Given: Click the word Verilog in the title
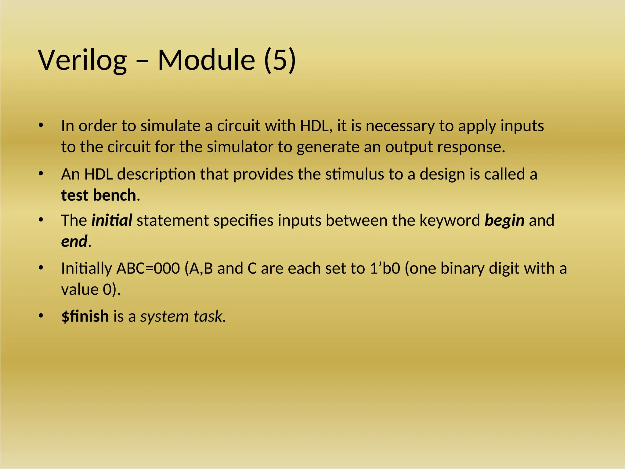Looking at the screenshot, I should pos(82,60).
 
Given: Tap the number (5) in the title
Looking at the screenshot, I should pos(280,60).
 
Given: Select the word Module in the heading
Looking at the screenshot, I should pos(206,60).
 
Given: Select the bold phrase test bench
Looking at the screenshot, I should pos(98,195).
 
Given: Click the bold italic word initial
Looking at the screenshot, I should pos(112,220).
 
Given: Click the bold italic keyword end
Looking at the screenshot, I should pos(74,241).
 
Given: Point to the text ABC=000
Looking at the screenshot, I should pos(148,268).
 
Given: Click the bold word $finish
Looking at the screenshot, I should pos(85,316).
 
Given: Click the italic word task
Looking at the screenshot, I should pos(208,316).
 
